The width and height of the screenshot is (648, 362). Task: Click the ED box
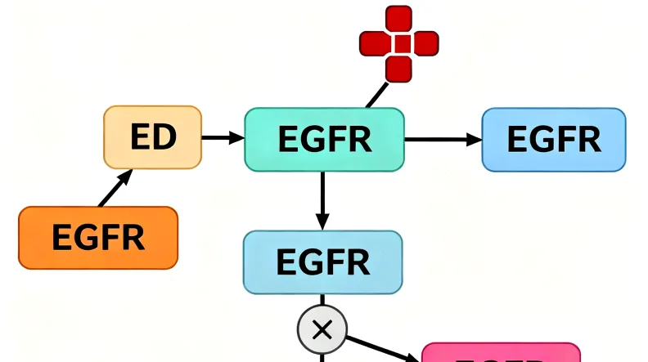[152, 137]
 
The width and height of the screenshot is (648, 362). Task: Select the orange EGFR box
[97, 238]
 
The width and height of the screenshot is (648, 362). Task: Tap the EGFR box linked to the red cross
[324, 140]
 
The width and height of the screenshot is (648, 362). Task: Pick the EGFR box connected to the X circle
[322, 262]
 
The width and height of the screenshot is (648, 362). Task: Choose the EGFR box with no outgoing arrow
[553, 140]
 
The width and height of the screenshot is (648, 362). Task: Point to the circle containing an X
[322, 330]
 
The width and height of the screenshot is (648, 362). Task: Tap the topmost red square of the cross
[398, 18]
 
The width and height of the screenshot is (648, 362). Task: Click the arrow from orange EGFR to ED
[115, 189]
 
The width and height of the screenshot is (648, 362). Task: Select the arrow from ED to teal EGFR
[223, 138]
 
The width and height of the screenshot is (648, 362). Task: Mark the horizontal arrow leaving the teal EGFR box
[443, 140]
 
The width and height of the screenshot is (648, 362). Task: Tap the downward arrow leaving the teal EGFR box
[322, 200]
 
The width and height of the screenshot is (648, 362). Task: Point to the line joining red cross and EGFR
[376, 95]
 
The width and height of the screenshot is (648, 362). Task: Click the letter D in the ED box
[166, 137]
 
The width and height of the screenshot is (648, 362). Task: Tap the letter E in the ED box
[141, 137]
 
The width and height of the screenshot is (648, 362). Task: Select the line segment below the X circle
[322, 356]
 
